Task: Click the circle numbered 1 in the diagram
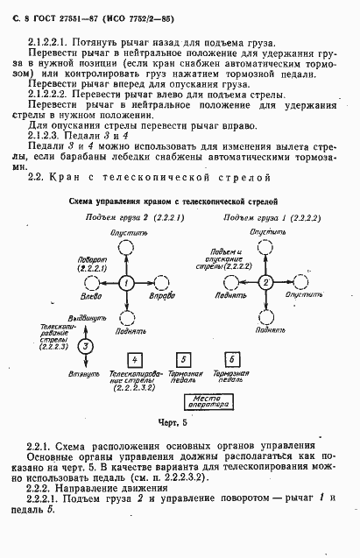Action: tap(125, 283)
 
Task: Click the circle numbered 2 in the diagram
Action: tap(264, 282)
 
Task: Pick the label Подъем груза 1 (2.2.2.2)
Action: tap(259, 218)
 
